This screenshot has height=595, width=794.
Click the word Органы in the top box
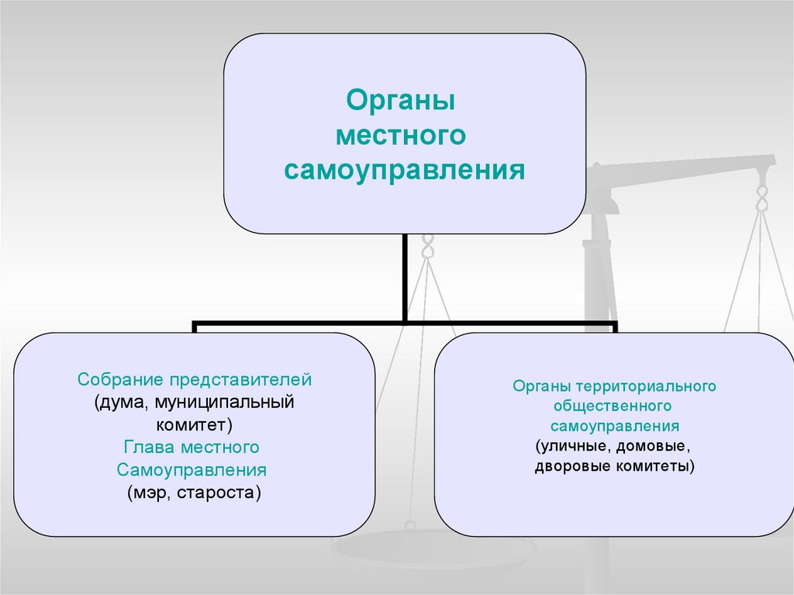[399, 102]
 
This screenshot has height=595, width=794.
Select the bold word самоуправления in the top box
[404, 169]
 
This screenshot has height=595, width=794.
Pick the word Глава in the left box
[148, 448]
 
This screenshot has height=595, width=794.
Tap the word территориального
[646, 386]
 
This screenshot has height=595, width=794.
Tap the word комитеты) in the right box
[654, 467]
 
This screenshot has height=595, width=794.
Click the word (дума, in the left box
[122, 403]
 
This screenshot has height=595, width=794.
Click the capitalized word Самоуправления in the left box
[192, 470]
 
